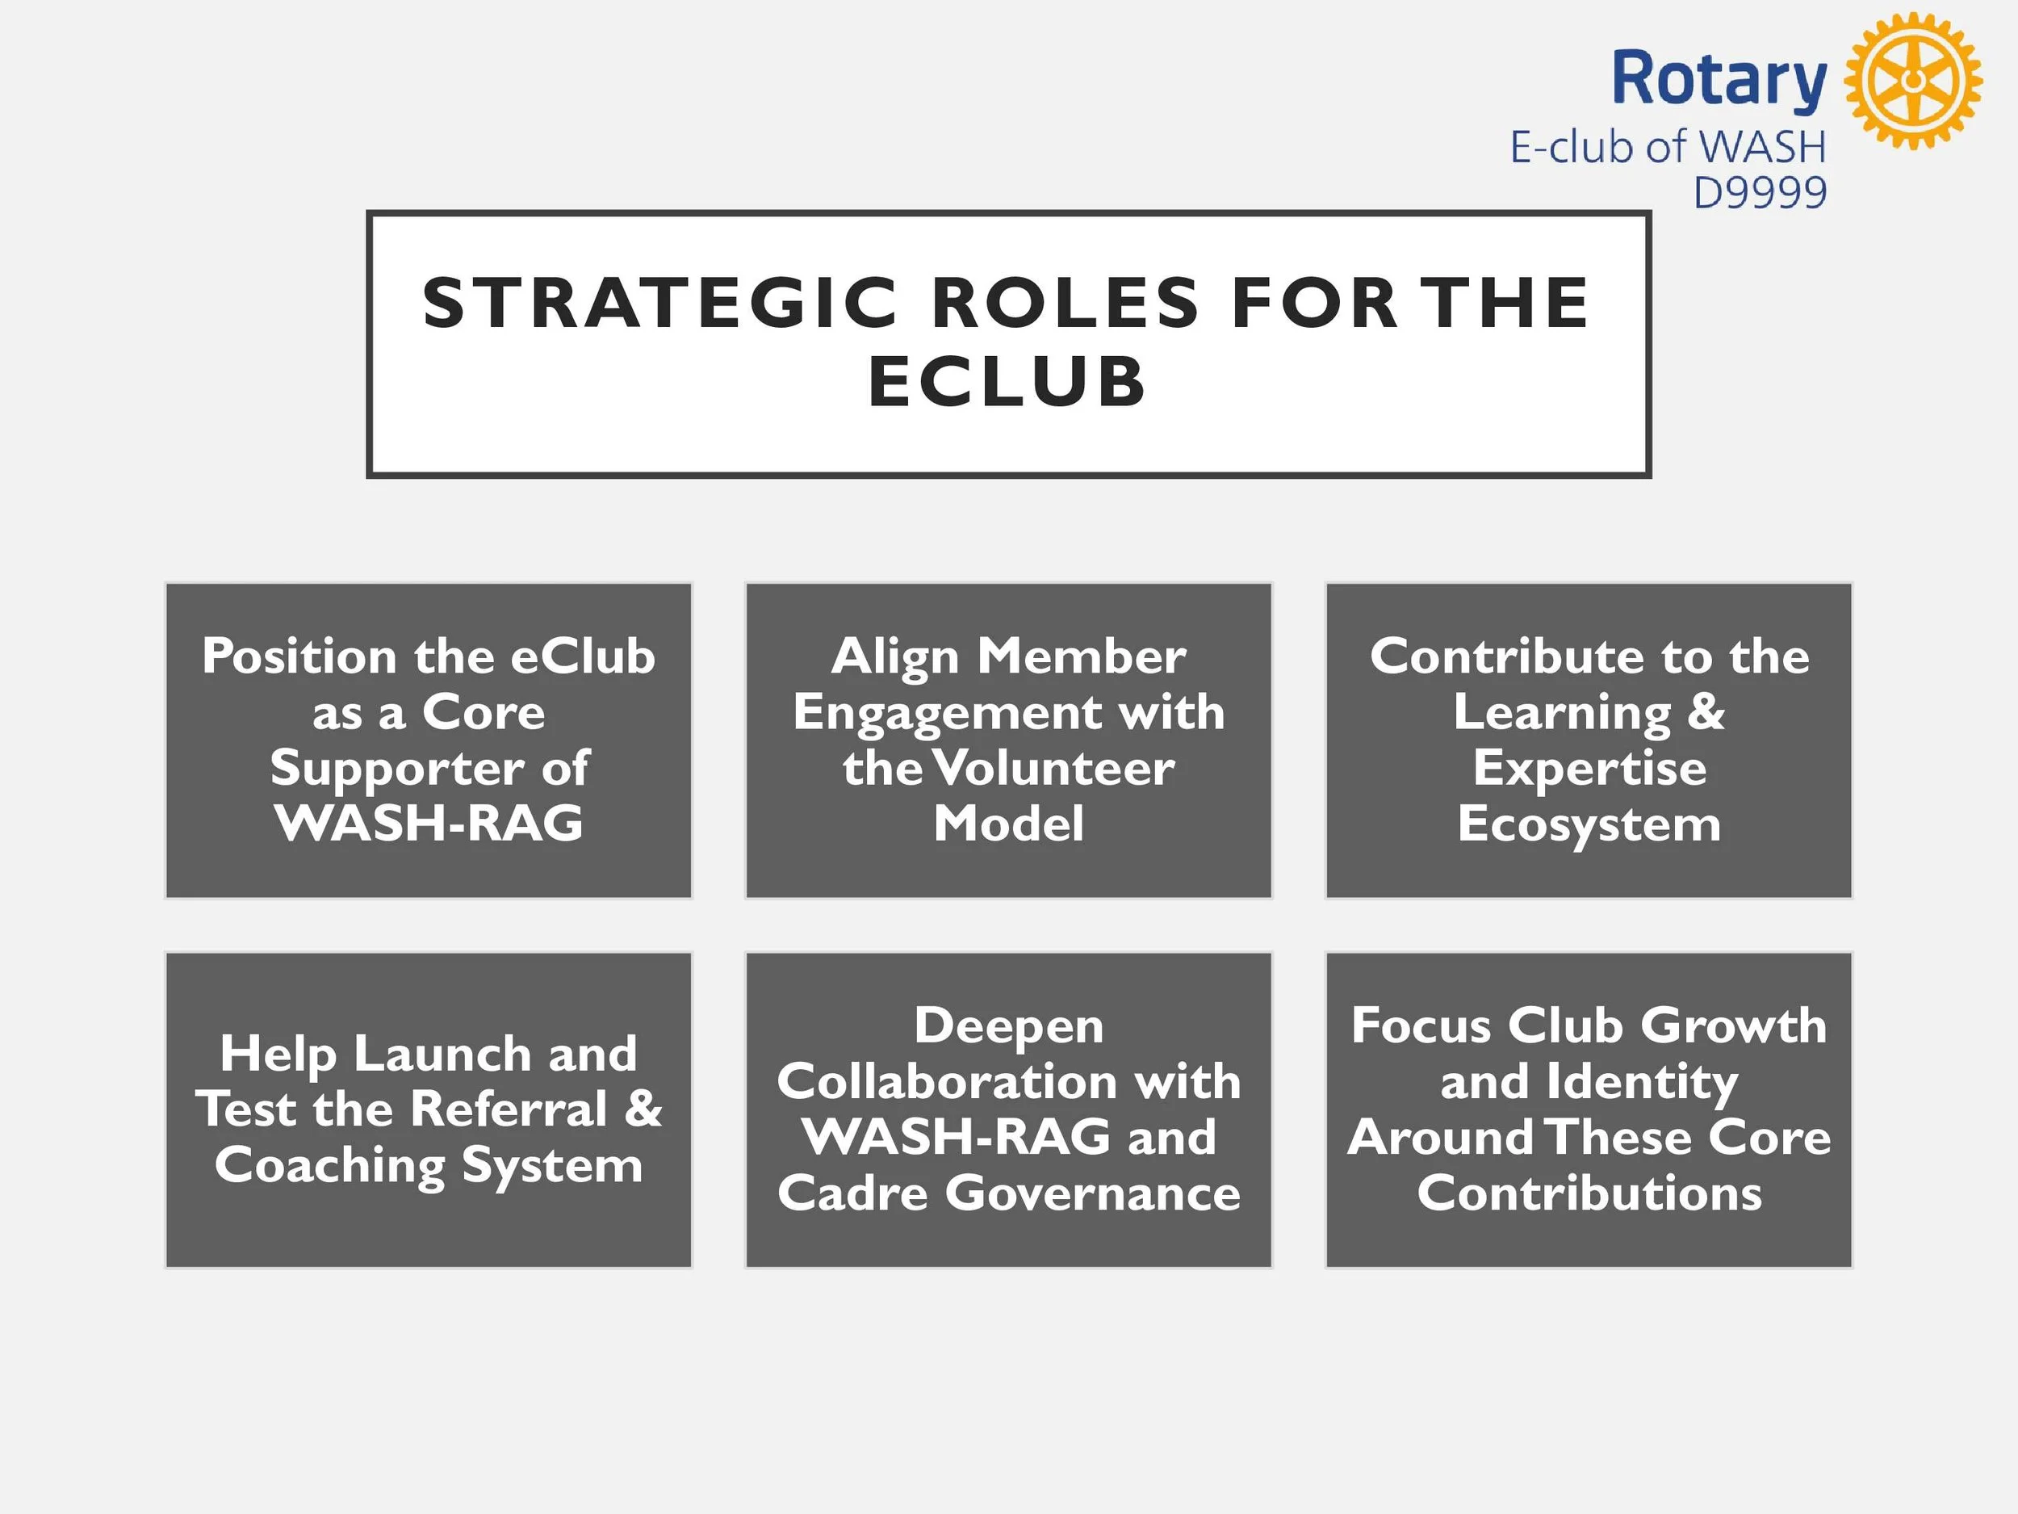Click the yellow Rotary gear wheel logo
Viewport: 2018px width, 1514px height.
click(x=1913, y=80)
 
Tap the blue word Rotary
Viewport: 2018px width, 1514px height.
click(x=1719, y=80)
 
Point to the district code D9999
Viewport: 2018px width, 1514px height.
click(x=1760, y=192)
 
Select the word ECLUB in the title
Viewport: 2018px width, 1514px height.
click(x=1007, y=381)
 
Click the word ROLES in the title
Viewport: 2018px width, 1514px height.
click(x=1066, y=303)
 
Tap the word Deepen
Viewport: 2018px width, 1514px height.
click(x=1009, y=1025)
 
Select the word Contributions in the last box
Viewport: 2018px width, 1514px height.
click(x=1589, y=1193)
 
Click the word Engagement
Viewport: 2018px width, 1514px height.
click(x=948, y=713)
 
